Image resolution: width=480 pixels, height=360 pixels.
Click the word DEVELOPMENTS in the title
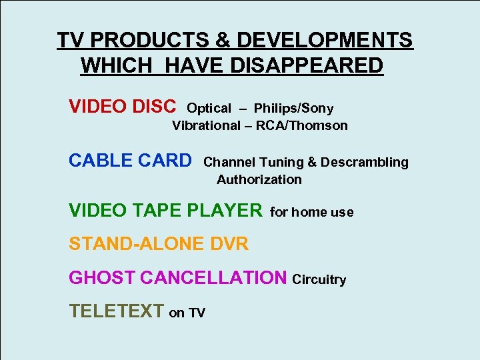tap(325, 41)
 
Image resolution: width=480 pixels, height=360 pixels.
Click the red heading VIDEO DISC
tap(123, 107)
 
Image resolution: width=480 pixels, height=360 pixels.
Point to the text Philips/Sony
tap(293, 108)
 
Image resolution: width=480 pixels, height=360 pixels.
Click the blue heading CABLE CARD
tap(130, 161)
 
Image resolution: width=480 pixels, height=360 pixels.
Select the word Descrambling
tap(366, 162)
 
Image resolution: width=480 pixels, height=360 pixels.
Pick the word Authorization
tap(259, 179)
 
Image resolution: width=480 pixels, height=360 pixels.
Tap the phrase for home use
tap(312, 212)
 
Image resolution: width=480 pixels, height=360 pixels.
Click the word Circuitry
tap(319, 279)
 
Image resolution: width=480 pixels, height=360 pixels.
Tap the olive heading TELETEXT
tap(116, 311)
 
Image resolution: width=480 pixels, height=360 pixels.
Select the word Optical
tap(209, 108)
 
